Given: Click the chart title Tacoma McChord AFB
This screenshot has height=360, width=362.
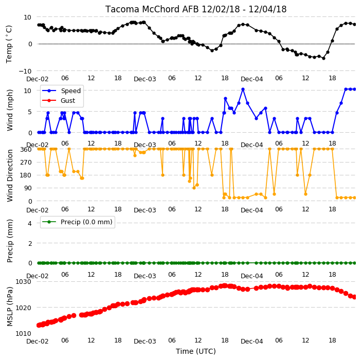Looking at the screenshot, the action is pyautogui.click(x=152, y=9).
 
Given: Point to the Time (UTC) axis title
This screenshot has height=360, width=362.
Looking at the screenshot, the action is pyautogui.click(x=196, y=351).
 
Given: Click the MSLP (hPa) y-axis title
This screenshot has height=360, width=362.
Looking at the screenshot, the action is pyautogui.click(x=10, y=307).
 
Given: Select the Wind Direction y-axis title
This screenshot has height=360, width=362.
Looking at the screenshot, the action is pyautogui.click(x=10, y=175).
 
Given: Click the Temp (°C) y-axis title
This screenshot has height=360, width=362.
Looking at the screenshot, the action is pyautogui.click(x=9, y=44).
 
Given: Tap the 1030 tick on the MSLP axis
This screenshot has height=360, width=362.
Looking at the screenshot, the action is pyautogui.click(x=23, y=281).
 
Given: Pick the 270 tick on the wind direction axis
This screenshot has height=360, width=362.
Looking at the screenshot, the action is pyautogui.click(x=26, y=163).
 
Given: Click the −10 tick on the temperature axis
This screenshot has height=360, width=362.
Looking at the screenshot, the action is pyautogui.click(x=25, y=71).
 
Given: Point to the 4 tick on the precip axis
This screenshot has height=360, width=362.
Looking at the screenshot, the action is pyautogui.click(x=30, y=223).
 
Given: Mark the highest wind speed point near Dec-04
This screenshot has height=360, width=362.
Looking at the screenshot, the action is pyautogui.click(x=243, y=89).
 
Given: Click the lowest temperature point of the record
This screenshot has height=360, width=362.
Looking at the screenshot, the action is pyautogui.click(x=323, y=59).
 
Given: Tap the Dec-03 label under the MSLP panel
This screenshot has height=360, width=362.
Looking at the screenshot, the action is pyautogui.click(x=145, y=341).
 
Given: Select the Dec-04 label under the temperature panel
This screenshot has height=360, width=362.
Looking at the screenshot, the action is pyautogui.click(x=251, y=79).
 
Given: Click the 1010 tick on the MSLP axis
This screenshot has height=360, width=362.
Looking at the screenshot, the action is pyautogui.click(x=23, y=334).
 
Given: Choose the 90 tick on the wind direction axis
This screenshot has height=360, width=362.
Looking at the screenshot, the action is pyautogui.click(x=28, y=188).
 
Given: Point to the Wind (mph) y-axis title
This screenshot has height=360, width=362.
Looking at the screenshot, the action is pyautogui.click(x=10, y=110).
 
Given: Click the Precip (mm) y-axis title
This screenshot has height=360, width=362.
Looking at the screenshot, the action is pyautogui.click(x=10, y=241).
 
